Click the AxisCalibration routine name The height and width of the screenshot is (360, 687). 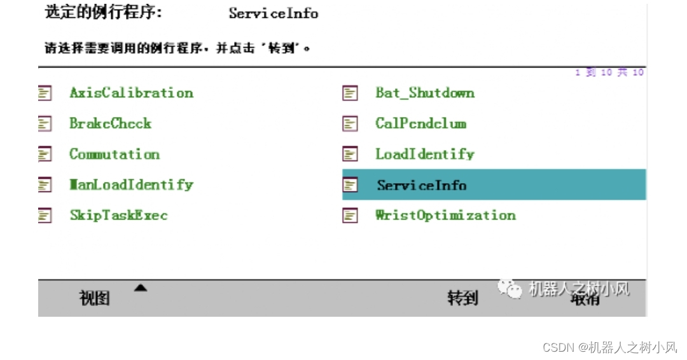click(x=131, y=93)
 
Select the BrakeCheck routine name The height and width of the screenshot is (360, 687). click(x=111, y=123)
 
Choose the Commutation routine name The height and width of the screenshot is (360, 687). click(x=114, y=154)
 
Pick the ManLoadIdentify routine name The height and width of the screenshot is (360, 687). click(x=131, y=184)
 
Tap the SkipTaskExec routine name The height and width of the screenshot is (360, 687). click(x=118, y=215)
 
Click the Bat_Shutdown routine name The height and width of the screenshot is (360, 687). click(x=425, y=93)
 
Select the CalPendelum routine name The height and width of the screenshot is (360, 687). click(x=420, y=123)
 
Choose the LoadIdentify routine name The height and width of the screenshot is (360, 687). click(x=425, y=154)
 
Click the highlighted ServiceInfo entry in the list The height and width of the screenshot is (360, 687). click(x=422, y=185)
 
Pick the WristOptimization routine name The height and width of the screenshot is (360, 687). click(x=445, y=215)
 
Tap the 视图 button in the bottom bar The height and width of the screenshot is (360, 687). click(x=95, y=298)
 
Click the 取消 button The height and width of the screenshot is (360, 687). click(x=585, y=299)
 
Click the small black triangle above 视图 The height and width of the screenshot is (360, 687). click(x=141, y=288)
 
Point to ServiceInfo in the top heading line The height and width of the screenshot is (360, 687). click(x=274, y=13)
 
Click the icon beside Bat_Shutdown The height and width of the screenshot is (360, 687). click(x=350, y=93)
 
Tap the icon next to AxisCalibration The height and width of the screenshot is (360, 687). click(x=45, y=93)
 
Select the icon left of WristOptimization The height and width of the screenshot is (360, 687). click(x=350, y=216)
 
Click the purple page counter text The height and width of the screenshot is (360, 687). click(x=609, y=73)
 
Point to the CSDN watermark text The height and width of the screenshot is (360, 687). click(x=609, y=347)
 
